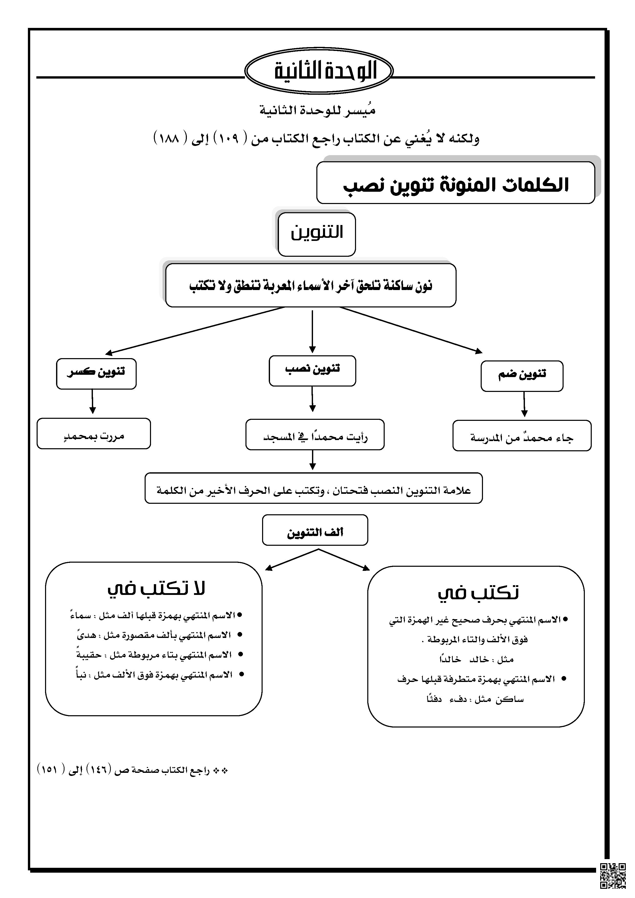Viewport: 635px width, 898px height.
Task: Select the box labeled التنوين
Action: point(317,234)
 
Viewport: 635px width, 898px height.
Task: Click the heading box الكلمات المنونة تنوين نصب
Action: point(456,183)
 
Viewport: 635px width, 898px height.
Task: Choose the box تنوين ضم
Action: point(522,376)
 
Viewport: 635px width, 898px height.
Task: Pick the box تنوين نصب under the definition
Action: point(313,371)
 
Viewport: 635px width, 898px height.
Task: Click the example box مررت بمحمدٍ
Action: point(94,433)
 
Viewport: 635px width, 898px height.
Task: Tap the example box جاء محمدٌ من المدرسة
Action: point(522,436)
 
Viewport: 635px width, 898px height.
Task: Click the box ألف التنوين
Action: point(315,530)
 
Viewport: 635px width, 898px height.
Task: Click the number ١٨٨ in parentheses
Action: point(169,138)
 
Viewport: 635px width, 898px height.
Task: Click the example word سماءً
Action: point(81,616)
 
